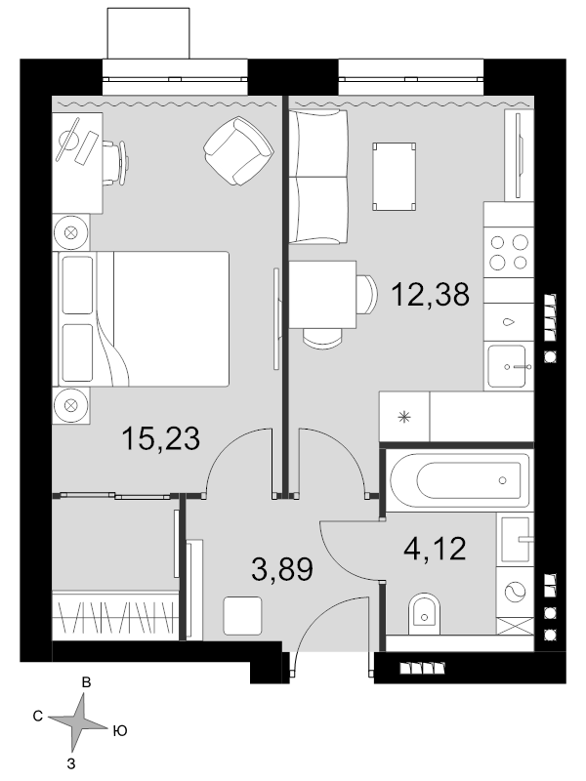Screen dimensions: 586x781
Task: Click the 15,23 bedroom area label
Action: [x=160, y=438]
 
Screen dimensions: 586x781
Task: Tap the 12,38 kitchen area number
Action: [x=430, y=294]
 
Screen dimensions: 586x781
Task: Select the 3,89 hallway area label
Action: [x=282, y=569]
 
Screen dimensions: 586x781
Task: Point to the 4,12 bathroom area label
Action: [x=435, y=549]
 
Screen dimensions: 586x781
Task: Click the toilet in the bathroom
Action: [x=425, y=614]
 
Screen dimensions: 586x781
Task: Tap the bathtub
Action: [x=459, y=480]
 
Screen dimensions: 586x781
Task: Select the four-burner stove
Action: [x=509, y=253]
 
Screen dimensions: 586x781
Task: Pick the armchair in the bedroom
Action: [x=238, y=150]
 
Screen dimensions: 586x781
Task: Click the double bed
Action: [x=144, y=319]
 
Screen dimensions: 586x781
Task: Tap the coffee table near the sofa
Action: [x=395, y=177]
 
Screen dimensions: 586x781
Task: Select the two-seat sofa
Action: [x=318, y=177]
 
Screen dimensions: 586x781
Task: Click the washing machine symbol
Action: [x=515, y=592]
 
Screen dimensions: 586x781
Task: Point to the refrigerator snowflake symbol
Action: [x=404, y=417]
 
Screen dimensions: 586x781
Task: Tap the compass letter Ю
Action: [x=119, y=730]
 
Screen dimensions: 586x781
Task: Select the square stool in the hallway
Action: [x=242, y=616]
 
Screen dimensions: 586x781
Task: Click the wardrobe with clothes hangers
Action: [x=115, y=616]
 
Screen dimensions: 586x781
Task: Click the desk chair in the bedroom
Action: [x=116, y=162]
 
